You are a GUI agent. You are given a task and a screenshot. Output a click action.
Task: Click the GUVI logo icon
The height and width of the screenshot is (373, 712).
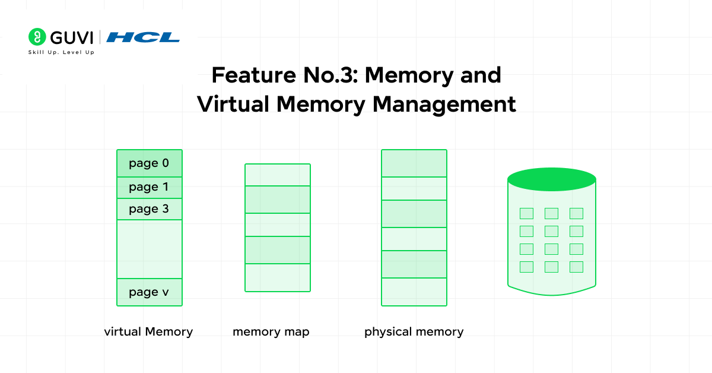point(37,37)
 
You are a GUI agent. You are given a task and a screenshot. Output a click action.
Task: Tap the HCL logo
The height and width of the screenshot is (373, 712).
point(143,37)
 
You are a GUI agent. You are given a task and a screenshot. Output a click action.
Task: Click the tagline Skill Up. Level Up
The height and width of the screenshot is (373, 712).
point(61,52)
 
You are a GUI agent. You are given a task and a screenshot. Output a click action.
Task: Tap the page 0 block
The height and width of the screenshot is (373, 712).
point(150,163)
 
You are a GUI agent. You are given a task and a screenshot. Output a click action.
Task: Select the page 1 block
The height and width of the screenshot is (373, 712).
point(150,188)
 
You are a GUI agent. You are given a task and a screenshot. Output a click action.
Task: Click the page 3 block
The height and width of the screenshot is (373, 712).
point(150,209)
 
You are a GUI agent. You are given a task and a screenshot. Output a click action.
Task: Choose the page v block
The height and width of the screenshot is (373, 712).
point(150,292)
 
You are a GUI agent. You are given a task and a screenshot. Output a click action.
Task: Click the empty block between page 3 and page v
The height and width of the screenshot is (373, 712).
point(150,249)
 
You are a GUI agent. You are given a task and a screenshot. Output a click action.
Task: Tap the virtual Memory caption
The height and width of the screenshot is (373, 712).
point(148,331)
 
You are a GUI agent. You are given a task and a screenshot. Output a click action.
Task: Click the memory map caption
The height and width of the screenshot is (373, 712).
point(271,331)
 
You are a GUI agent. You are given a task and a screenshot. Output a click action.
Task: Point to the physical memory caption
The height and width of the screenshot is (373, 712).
point(414,331)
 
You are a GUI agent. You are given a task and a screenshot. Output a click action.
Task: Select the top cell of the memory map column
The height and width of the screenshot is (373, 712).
point(278,175)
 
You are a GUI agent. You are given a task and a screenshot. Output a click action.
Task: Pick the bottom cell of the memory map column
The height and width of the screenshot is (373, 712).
point(278,277)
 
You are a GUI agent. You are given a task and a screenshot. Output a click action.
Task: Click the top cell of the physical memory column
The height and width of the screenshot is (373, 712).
point(414,163)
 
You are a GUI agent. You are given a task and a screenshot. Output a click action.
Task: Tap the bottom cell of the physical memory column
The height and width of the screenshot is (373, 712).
point(414,292)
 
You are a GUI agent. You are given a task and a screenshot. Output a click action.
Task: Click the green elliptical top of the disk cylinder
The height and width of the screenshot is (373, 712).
point(552,179)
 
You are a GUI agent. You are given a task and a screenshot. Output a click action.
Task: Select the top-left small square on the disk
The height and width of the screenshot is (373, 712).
point(526,213)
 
